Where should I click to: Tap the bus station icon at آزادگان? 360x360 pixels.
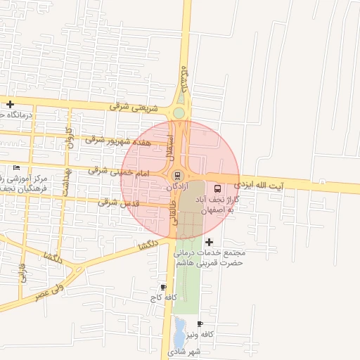tap(176, 175)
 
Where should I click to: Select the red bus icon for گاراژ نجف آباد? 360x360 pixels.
tap(217, 188)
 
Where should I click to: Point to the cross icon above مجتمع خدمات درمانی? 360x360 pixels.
tap(209, 242)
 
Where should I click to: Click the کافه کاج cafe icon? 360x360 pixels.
tap(164, 287)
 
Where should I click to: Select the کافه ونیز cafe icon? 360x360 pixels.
tap(200, 324)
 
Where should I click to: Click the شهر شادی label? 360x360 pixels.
tap(185, 351)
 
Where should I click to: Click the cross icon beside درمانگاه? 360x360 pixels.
tap(10, 105)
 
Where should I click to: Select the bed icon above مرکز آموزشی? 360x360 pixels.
tap(16, 167)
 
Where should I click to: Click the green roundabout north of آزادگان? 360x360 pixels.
tap(179, 113)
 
